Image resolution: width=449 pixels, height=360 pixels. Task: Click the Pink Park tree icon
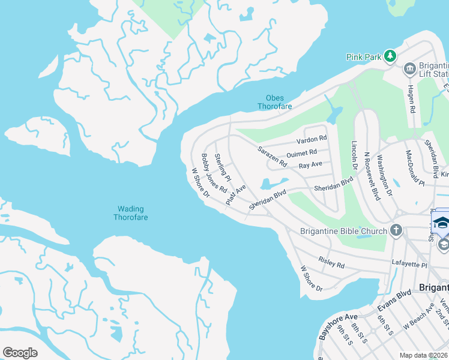pos(391,56)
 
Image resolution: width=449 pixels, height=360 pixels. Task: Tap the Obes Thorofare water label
pos(274,103)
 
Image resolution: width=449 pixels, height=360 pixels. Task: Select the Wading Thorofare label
pos(130,213)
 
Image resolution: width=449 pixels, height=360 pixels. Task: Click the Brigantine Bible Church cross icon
pos(396,230)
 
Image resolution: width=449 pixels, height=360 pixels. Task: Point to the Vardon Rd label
pos(312,140)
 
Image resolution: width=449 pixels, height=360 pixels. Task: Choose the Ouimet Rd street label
pos(301,154)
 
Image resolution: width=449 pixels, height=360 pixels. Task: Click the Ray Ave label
pos(310,164)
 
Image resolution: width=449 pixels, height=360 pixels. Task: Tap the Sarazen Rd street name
pos(272,156)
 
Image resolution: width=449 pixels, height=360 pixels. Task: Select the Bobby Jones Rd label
pos(214,173)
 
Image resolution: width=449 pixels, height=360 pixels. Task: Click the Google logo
pos(20,353)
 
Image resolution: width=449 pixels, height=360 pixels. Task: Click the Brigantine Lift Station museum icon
pos(410,69)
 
